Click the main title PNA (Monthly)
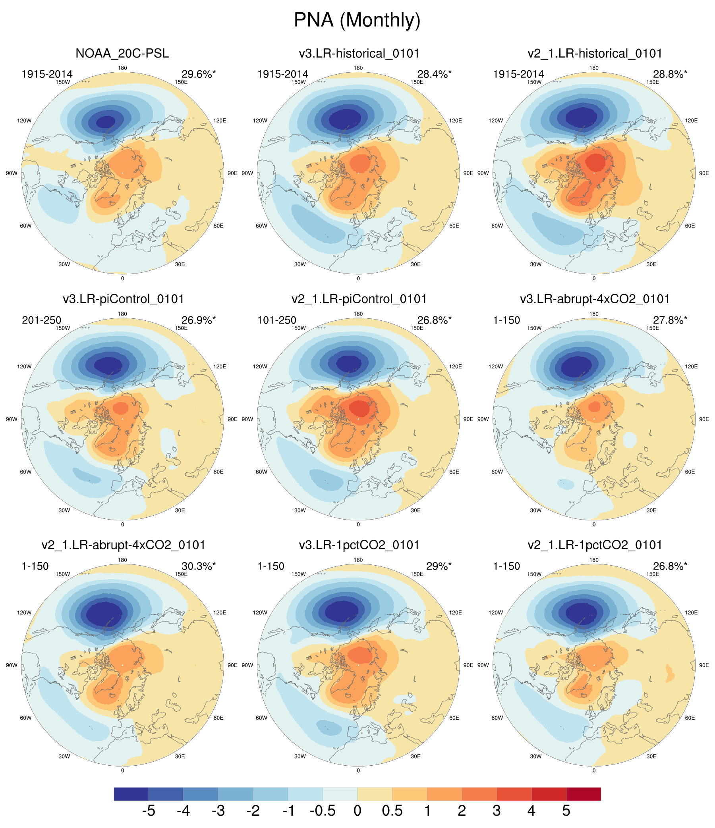(x=357, y=20)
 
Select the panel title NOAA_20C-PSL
(x=122, y=54)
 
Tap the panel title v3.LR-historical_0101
(x=359, y=54)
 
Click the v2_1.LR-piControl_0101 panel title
(x=359, y=299)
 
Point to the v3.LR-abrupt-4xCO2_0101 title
(x=595, y=299)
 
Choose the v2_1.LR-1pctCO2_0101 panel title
(x=595, y=545)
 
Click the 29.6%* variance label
(x=199, y=74)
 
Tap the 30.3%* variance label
(x=199, y=566)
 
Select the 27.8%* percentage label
(x=670, y=320)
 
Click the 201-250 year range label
(x=42, y=320)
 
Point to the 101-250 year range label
(x=277, y=320)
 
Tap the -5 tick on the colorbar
(x=148, y=811)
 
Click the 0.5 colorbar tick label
(x=392, y=811)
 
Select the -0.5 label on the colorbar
(x=322, y=811)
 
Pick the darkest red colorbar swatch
(x=584, y=794)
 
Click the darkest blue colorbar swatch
(x=131, y=794)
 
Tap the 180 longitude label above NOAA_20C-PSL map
(x=122, y=68)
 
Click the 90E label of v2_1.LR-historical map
(x=704, y=173)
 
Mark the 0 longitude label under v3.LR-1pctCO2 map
(x=358, y=770)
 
